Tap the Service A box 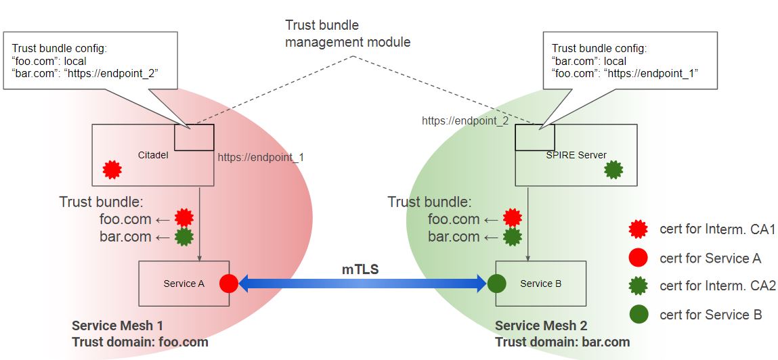point(183,284)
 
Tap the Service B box point(540,284)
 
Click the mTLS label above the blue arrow point(360,269)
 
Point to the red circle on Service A point(229,284)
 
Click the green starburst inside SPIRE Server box point(613,169)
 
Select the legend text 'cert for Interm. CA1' point(717,229)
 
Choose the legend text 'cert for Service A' point(710,258)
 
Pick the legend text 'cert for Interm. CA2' point(717,286)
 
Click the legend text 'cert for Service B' point(710,314)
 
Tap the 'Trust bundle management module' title point(347,34)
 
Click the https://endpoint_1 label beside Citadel point(261,157)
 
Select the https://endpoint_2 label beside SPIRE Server point(464,121)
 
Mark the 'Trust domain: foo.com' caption point(139,342)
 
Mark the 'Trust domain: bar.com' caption point(562,342)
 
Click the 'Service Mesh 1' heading point(117,325)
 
